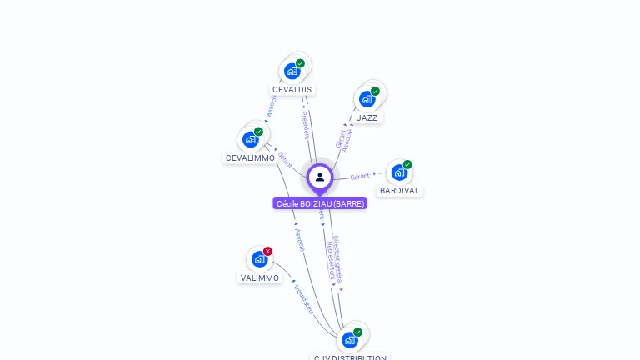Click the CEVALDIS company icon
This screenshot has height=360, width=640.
[292, 71]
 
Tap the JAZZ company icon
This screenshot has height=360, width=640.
[367, 99]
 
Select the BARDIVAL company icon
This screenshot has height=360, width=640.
[399, 172]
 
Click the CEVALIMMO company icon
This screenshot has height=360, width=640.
[250, 139]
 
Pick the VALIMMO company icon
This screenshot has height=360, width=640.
[259, 259]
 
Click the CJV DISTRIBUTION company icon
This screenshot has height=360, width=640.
[349, 340]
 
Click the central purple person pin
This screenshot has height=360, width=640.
[320, 177]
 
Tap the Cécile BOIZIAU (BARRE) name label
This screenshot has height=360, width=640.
[320, 203]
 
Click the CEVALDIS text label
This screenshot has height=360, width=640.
[292, 90]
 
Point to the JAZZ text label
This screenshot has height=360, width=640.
[367, 118]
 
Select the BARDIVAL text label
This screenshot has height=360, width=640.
[399, 191]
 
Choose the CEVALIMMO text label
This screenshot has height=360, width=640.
[250, 158]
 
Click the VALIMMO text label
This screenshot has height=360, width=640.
[260, 278]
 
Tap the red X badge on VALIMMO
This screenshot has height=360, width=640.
[267, 251]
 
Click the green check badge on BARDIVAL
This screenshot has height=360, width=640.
[407, 164]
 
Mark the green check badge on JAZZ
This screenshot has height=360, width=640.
[375, 91]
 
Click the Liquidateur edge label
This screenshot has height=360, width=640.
[304, 297]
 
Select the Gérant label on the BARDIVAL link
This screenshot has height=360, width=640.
[360, 177]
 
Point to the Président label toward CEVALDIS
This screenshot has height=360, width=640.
[305, 125]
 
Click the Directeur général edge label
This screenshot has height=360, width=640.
[338, 258]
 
